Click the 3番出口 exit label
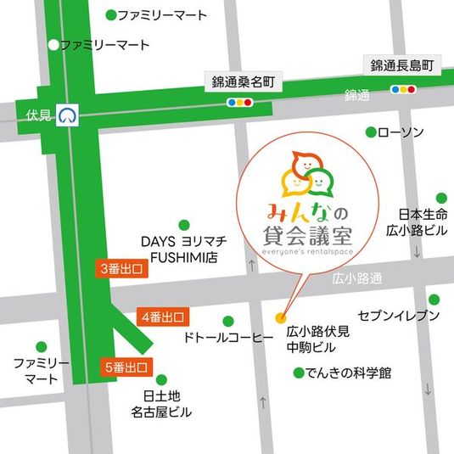120,269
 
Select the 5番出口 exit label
126,367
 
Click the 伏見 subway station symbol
70,113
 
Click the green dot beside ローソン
370,132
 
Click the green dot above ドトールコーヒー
227,321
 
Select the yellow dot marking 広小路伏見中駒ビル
281,318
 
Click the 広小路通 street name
358,278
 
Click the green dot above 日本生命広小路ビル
440,197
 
